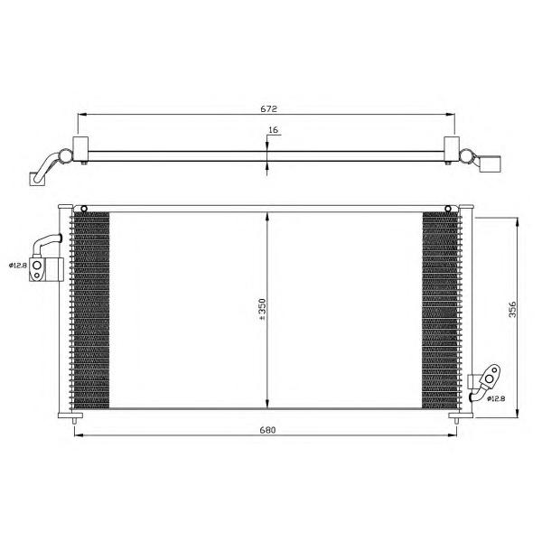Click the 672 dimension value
click(x=268, y=109)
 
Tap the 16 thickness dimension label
click(x=273, y=130)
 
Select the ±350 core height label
click(x=262, y=309)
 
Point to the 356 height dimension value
click(x=512, y=309)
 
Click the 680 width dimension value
click(x=268, y=430)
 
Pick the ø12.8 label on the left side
click(x=18, y=266)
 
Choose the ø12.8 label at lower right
click(x=496, y=398)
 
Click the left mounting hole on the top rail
click(x=84, y=209)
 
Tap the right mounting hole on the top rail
click(x=448, y=209)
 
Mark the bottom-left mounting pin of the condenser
click(x=74, y=421)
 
